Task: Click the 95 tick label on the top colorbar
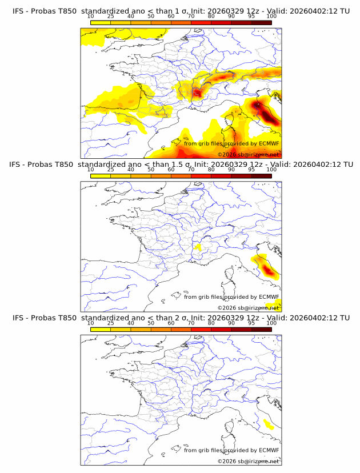251,16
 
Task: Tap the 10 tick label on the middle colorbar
91,169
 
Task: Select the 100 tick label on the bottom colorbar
271,322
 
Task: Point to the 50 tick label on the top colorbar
151,16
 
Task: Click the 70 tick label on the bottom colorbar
191,322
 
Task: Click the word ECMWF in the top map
269,144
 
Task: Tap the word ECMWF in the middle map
269,297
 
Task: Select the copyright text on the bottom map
248,461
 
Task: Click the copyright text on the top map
248,155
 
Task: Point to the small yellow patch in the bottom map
267,424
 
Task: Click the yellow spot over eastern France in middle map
198,247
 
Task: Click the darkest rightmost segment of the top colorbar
261,23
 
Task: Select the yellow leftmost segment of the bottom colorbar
101,330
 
